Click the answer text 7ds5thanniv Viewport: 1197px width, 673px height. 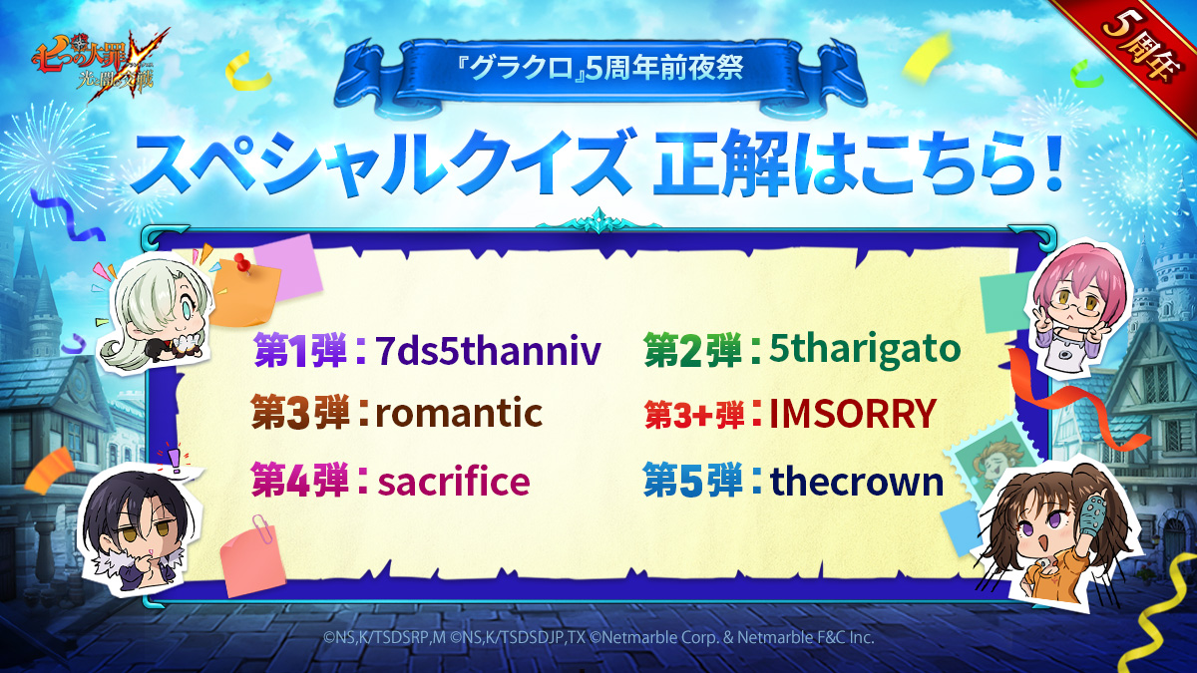(488, 351)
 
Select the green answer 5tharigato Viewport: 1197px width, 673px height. (865, 350)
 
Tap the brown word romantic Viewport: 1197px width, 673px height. (459, 413)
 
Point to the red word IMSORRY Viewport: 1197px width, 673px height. (852, 414)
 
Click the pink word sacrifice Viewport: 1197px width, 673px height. (454, 481)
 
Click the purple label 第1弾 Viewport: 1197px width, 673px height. (300, 351)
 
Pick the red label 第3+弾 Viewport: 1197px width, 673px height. (694, 415)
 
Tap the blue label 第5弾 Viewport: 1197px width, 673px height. (692, 481)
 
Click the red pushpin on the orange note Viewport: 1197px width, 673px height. (242, 262)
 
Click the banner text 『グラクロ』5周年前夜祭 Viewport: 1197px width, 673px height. (600, 70)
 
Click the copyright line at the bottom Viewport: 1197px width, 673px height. (598, 637)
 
